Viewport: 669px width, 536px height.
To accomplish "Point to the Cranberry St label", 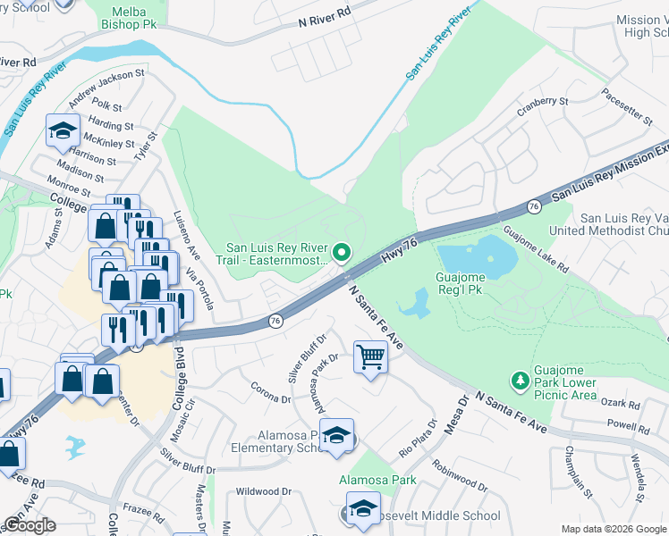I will tap(543, 106).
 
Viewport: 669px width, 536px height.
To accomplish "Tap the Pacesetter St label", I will tap(627, 108).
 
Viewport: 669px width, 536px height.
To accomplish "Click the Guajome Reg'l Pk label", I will tap(471, 285).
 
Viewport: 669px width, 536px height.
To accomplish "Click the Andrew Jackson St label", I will tap(106, 85).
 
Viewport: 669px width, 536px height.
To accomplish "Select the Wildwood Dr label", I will tap(264, 491).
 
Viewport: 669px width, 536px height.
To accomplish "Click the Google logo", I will tap(30, 525).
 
